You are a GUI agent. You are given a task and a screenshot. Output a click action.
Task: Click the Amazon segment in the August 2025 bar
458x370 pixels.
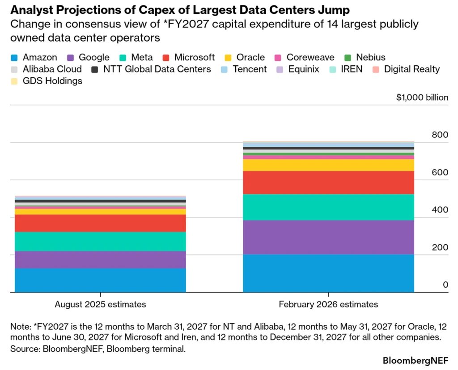(100, 280)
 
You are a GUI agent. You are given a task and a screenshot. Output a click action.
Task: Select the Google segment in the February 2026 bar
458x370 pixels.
(328, 237)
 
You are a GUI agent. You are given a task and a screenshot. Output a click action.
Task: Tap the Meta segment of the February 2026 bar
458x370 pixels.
(328, 207)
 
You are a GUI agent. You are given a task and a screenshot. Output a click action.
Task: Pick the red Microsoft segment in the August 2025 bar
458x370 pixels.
(100, 223)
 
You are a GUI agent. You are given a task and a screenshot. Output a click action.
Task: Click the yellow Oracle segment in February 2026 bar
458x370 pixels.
(328, 165)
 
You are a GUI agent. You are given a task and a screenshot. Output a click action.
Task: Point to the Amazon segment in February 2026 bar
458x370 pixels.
(328, 273)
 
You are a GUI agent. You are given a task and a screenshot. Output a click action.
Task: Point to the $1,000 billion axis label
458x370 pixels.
(422, 97)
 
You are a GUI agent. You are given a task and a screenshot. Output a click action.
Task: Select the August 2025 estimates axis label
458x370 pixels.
(100, 304)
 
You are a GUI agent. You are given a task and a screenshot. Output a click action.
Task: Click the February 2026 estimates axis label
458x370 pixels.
(328, 304)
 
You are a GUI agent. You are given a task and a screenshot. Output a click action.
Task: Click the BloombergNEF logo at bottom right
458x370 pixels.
(416, 360)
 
